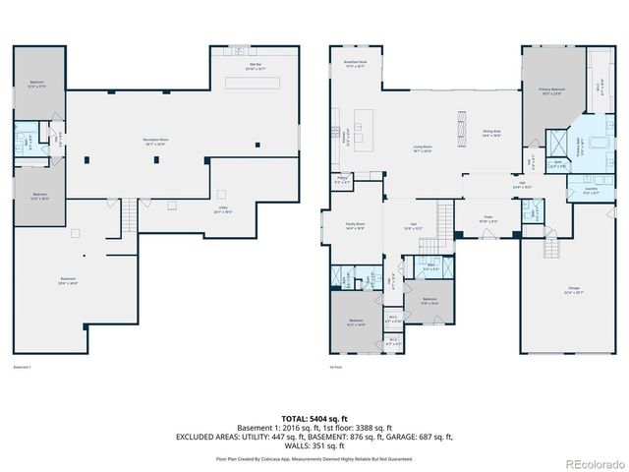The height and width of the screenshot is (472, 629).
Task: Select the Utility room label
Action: pos(225,209)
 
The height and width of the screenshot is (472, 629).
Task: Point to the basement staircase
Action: pos(129,214)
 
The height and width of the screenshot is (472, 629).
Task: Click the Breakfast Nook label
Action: pos(354,65)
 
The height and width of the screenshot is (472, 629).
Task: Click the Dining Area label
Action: pos(491,133)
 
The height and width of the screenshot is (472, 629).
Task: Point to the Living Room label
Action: pos(424,149)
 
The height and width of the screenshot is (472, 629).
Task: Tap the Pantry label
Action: pos(342,181)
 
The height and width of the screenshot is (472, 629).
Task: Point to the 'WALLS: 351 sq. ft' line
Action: pos(314,444)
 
